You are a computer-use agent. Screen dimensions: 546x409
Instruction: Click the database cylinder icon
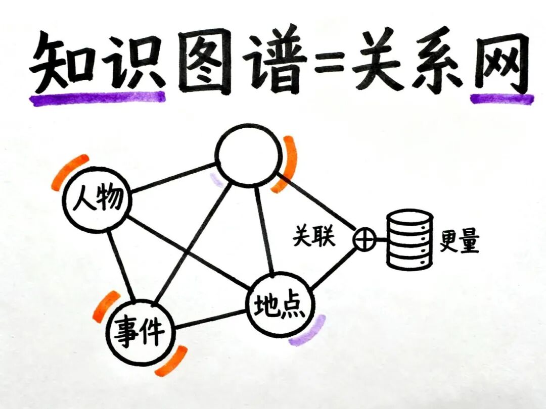click(410, 239)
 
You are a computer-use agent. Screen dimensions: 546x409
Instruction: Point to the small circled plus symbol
click(364, 238)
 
